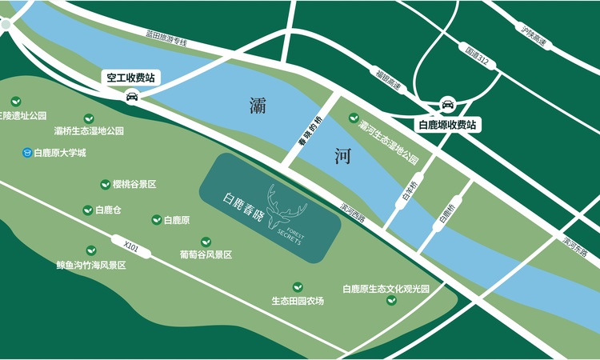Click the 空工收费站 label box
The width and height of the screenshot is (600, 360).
(x=132, y=78)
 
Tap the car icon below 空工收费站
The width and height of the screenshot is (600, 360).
(x=132, y=98)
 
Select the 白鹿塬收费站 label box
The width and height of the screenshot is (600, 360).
(x=447, y=125)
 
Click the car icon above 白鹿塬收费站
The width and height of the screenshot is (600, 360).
(x=448, y=104)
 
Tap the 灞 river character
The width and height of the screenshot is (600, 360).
(x=258, y=104)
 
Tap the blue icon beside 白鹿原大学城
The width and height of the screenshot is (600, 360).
(x=26, y=152)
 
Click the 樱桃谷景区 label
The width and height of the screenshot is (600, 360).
(x=134, y=184)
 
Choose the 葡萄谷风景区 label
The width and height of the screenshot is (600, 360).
(x=206, y=254)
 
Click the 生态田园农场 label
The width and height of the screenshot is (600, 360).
(x=298, y=301)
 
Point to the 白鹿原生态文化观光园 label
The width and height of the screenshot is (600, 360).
(x=386, y=288)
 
